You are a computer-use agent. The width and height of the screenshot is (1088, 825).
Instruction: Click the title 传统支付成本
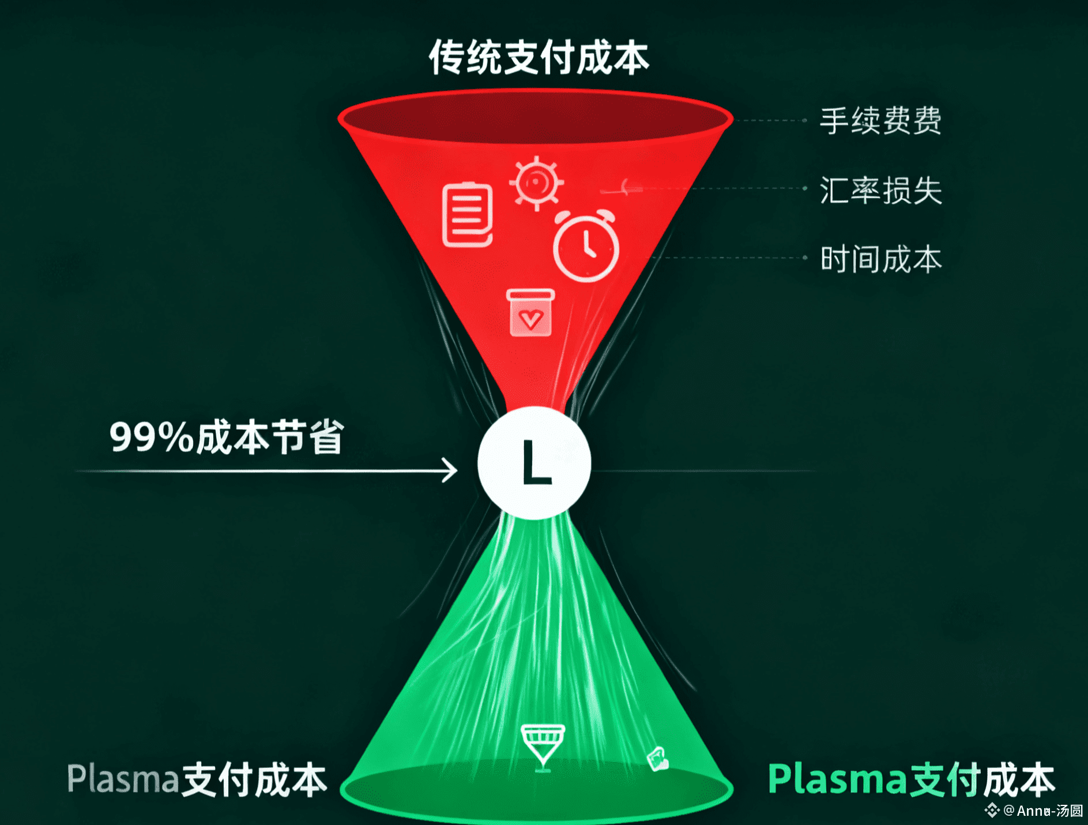[539, 58]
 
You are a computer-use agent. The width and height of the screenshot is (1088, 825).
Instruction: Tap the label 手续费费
[880, 121]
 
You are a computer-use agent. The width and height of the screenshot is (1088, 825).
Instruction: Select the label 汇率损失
[880, 190]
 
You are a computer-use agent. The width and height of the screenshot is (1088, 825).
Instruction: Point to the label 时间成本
[880, 259]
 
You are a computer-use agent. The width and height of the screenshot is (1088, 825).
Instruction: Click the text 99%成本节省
[227, 437]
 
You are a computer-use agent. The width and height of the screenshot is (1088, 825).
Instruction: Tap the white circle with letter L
[534, 463]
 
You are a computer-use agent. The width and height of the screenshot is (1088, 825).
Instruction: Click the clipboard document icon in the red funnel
[468, 215]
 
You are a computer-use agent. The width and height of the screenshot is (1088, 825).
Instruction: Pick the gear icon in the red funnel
[536, 183]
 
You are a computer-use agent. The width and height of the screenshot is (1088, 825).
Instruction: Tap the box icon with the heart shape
[530, 313]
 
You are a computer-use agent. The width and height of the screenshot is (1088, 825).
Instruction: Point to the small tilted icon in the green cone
[657, 758]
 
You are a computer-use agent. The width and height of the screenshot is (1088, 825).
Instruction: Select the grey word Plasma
[123, 779]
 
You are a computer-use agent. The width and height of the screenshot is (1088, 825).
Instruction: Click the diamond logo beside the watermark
[992, 811]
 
